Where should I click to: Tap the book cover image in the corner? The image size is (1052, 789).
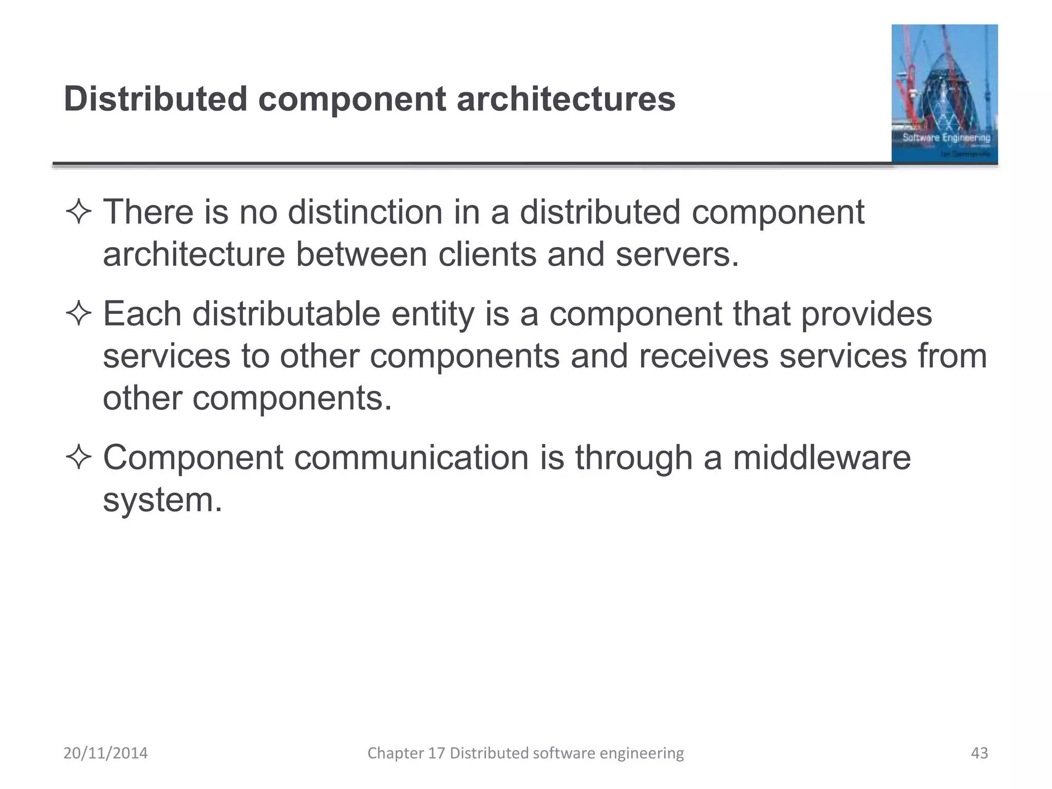pyautogui.click(x=944, y=94)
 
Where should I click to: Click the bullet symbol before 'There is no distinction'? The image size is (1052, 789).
pyautogui.click(x=79, y=212)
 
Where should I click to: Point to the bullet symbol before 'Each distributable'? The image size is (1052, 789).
pyautogui.click(x=79, y=314)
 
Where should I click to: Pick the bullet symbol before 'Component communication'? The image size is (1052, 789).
pyautogui.click(x=79, y=457)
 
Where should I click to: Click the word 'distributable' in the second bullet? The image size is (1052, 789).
pyautogui.click(x=286, y=313)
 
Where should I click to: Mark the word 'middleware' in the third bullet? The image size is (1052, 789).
pyautogui.click(x=821, y=457)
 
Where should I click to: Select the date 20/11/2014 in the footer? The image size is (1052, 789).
pyautogui.click(x=105, y=753)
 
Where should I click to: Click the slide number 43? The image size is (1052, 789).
pyautogui.click(x=979, y=753)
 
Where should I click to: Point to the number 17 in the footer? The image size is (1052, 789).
pyautogui.click(x=437, y=753)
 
